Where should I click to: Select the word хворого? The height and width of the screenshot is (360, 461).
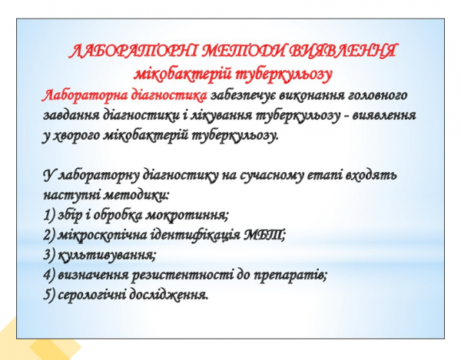[x=85, y=135]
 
